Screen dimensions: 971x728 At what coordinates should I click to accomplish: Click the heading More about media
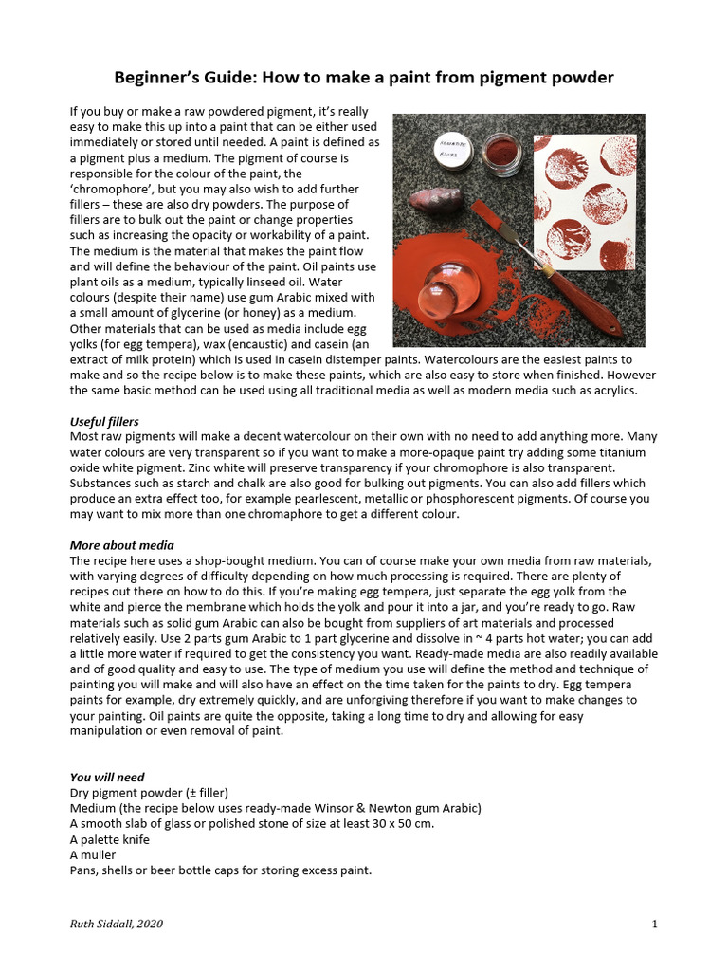pos(121,545)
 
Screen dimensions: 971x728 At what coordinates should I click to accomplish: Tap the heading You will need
pos(107,777)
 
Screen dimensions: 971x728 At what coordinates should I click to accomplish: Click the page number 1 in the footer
pos(655,925)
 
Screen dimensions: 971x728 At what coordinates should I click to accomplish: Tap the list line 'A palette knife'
pos(109,839)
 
